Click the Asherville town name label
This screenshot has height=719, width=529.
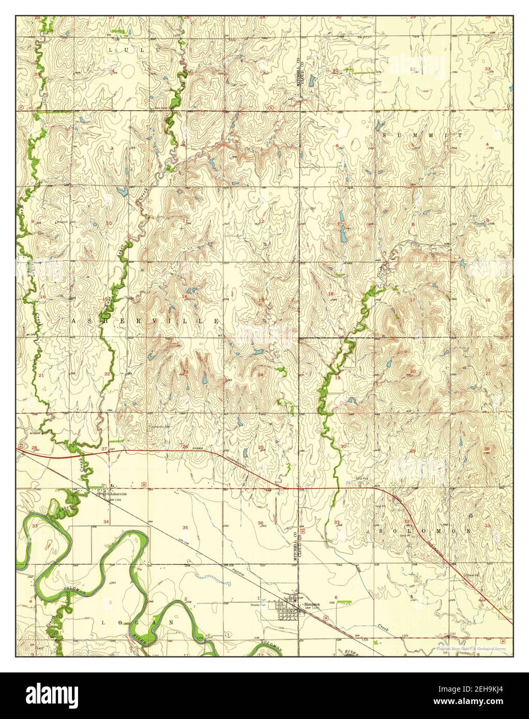[117, 494]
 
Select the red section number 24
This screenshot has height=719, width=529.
[261, 375]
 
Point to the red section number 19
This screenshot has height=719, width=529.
[338, 378]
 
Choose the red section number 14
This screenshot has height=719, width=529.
[185, 296]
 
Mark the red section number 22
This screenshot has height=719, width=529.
[107, 373]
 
